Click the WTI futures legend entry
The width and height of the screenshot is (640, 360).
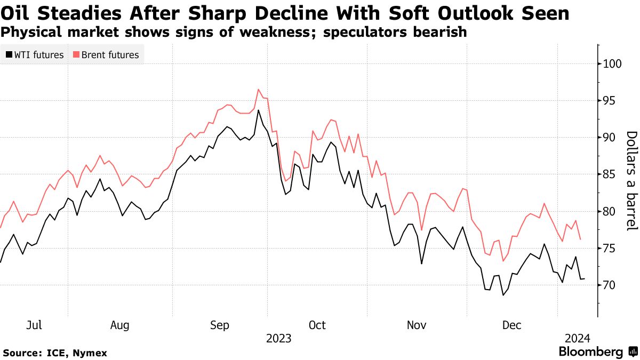[35, 55]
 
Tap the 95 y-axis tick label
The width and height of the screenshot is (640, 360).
[609, 101]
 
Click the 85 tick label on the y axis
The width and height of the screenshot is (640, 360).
[609, 174]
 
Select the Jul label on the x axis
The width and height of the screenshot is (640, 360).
[34, 325]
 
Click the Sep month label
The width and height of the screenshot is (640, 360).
[220, 325]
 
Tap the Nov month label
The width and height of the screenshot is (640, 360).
[417, 325]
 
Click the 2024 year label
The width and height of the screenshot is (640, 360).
[578, 339]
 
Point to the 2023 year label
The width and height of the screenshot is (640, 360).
[278, 339]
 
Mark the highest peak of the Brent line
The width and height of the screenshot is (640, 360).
[258, 89]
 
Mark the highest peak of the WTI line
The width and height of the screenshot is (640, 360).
[258, 110]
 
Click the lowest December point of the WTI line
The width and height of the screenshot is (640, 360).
[502, 295]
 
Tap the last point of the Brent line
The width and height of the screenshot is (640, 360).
[580, 239]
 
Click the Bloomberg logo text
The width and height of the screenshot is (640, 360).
[591, 352]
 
